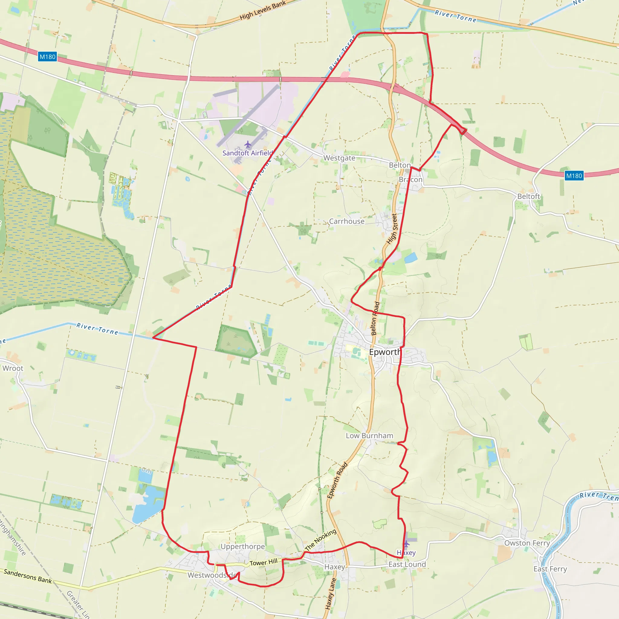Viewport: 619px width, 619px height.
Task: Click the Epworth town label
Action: (385, 352)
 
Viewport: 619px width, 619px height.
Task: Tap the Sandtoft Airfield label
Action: (248, 153)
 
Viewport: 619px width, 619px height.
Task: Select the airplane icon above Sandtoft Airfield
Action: (248, 144)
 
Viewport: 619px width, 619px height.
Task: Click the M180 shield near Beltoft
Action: (574, 176)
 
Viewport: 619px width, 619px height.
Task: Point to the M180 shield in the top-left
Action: (47, 57)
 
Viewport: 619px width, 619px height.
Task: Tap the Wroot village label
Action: (13, 368)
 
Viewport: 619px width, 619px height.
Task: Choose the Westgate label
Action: (339, 158)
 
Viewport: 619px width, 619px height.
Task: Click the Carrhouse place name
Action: (347, 221)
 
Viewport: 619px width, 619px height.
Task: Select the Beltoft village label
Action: (529, 196)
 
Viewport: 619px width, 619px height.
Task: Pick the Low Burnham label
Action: (369, 436)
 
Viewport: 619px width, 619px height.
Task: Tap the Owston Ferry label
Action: (527, 543)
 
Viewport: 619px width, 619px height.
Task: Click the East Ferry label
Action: (550, 569)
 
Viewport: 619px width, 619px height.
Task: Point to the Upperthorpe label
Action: (242, 546)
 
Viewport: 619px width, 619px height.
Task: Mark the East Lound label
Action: (407, 565)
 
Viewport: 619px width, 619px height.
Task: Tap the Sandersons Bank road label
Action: (28, 576)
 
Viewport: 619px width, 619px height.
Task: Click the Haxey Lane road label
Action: (330, 593)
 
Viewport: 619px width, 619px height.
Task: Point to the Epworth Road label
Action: (337, 481)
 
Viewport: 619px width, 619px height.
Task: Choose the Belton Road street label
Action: (375, 319)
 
